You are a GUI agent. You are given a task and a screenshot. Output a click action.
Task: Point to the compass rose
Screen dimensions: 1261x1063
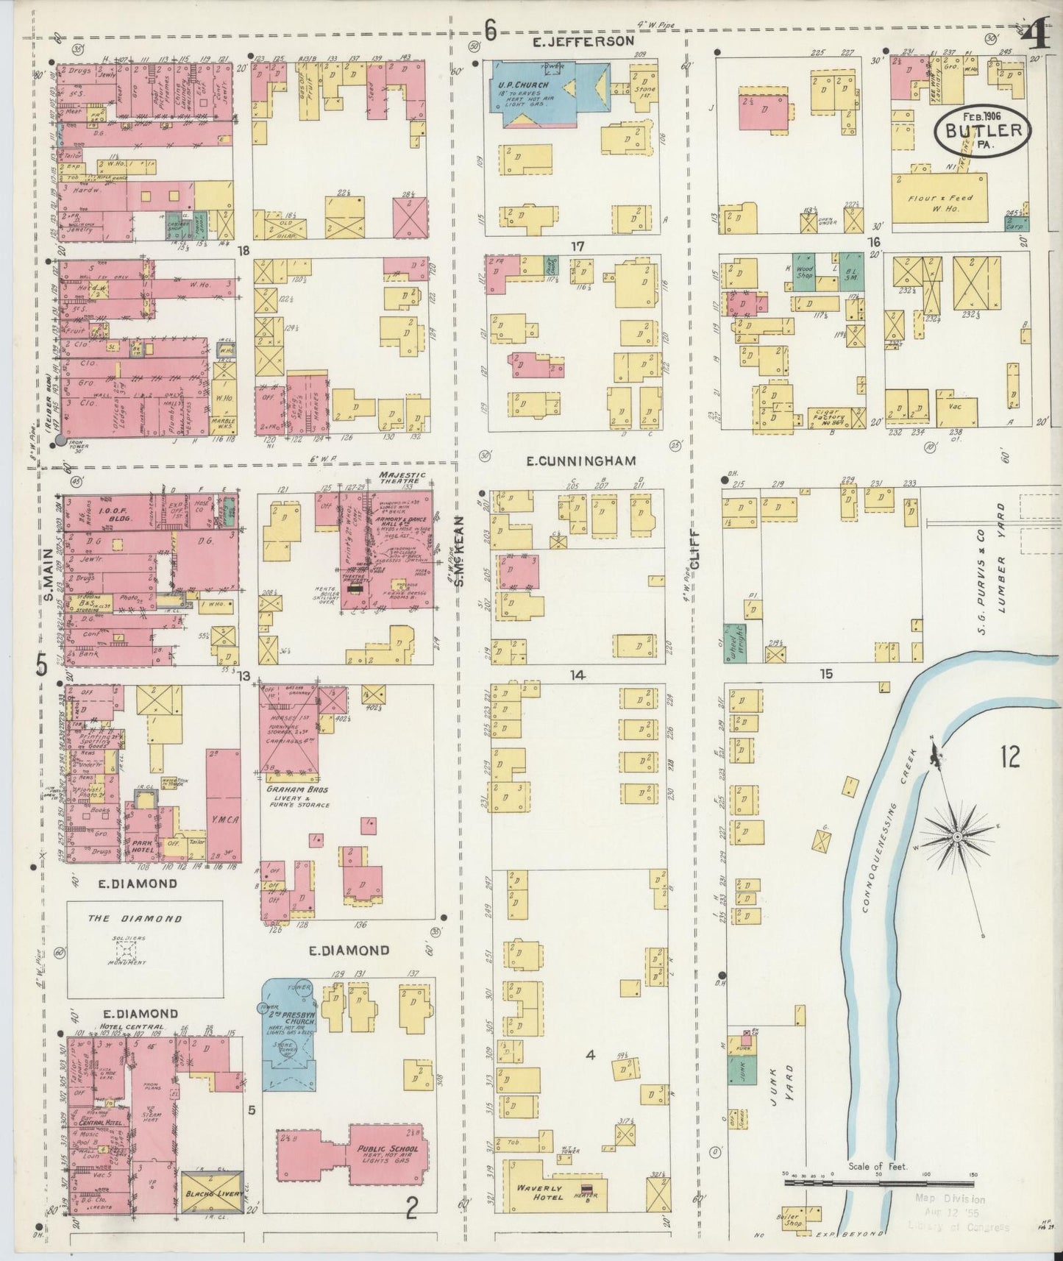click(957, 837)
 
